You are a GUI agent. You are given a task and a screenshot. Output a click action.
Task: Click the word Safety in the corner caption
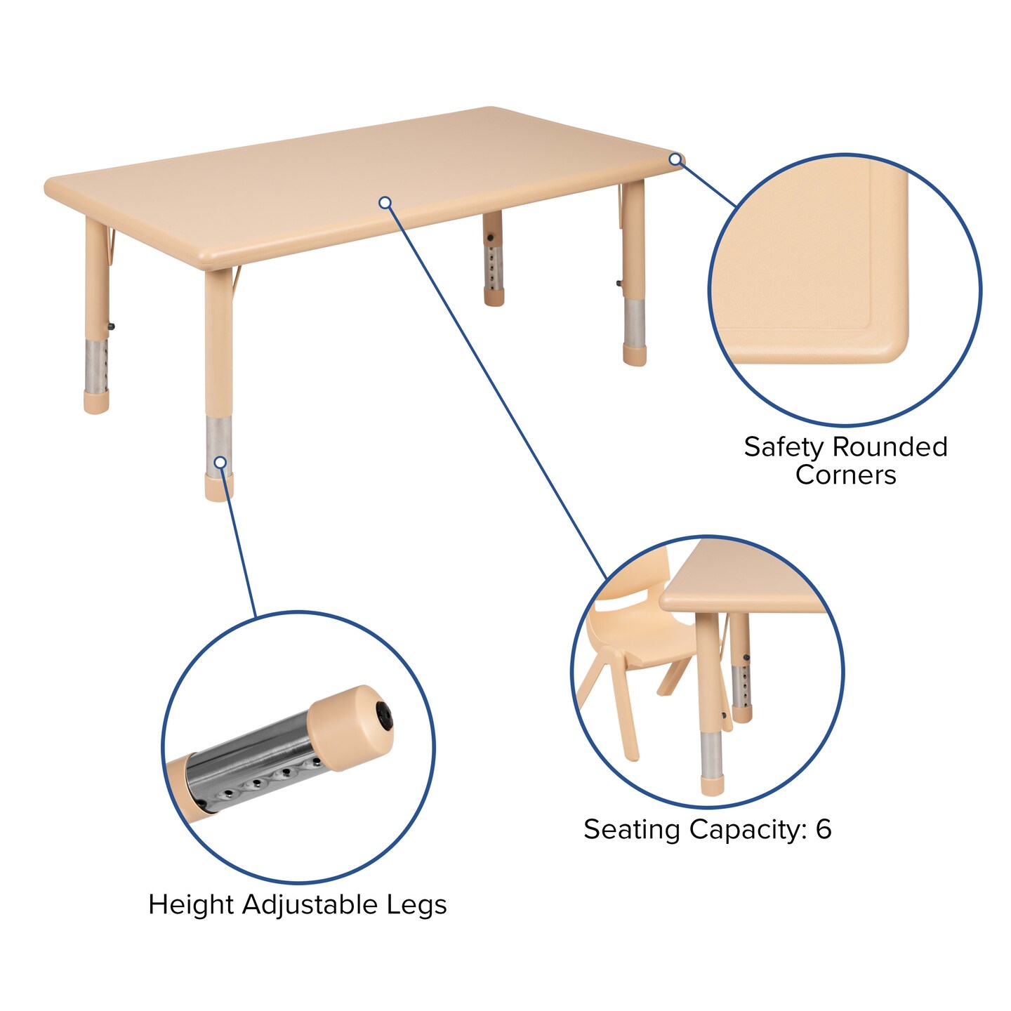pos(784,447)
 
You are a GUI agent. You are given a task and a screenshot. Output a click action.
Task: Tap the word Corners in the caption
pos(845,475)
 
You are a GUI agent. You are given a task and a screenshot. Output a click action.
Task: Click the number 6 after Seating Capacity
pos(824,829)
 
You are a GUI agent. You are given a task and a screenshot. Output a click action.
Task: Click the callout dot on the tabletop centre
pos(385,203)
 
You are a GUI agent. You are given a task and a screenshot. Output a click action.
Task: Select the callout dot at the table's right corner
pos(675,159)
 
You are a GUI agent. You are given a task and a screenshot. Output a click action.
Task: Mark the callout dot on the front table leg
pos(220,462)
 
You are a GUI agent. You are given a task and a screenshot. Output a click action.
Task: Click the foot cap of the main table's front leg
pos(219,489)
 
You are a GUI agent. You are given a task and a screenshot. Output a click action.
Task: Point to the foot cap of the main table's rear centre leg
pos(494,298)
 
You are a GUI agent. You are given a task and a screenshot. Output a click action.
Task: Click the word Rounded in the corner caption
pos(890,447)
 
